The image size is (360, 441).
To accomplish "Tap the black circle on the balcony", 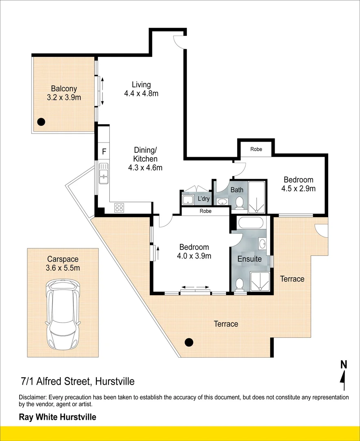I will click(x=41, y=121).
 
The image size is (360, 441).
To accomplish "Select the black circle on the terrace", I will click(x=189, y=342).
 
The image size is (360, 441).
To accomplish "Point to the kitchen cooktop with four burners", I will click(x=119, y=207).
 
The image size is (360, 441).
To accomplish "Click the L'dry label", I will click(x=203, y=199).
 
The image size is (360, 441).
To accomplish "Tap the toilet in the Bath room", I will click(x=240, y=203).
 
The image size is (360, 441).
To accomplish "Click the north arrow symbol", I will click(x=344, y=375).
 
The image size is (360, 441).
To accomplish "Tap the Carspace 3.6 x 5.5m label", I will click(x=63, y=263).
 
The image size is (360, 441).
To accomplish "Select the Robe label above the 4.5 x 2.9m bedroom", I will click(x=256, y=149).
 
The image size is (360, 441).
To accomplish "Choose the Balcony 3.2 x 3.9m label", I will click(x=64, y=93).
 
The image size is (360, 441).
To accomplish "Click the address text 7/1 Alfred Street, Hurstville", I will click(x=78, y=382).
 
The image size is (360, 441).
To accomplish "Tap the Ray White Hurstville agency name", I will click(x=58, y=417).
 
